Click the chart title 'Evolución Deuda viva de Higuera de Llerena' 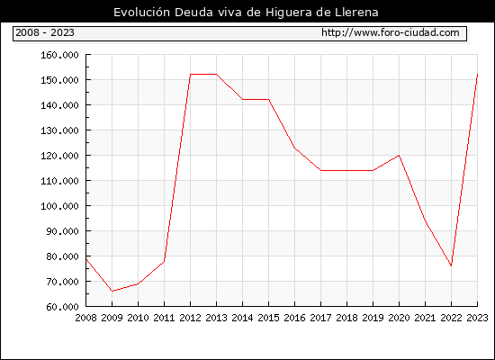pos(246,12)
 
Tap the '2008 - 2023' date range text pos(45,32)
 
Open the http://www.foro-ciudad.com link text pos(391,32)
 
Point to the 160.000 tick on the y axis pos(59,55)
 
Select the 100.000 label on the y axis pos(59,206)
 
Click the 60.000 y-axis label pos(62,307)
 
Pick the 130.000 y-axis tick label pos(59,130)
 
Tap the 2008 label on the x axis pos(85,318)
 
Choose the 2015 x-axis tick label pos(269,318)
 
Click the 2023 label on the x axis pos(477,318)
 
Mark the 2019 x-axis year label pos(373,318)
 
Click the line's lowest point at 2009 pos(112,291)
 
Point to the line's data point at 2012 pos(191,74)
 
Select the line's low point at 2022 pos(451,265)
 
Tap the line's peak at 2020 pos(399,156)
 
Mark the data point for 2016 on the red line pos(295,148)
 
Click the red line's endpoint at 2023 pos(477,74)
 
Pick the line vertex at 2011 pos(164,261)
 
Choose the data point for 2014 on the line pos(242,100)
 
